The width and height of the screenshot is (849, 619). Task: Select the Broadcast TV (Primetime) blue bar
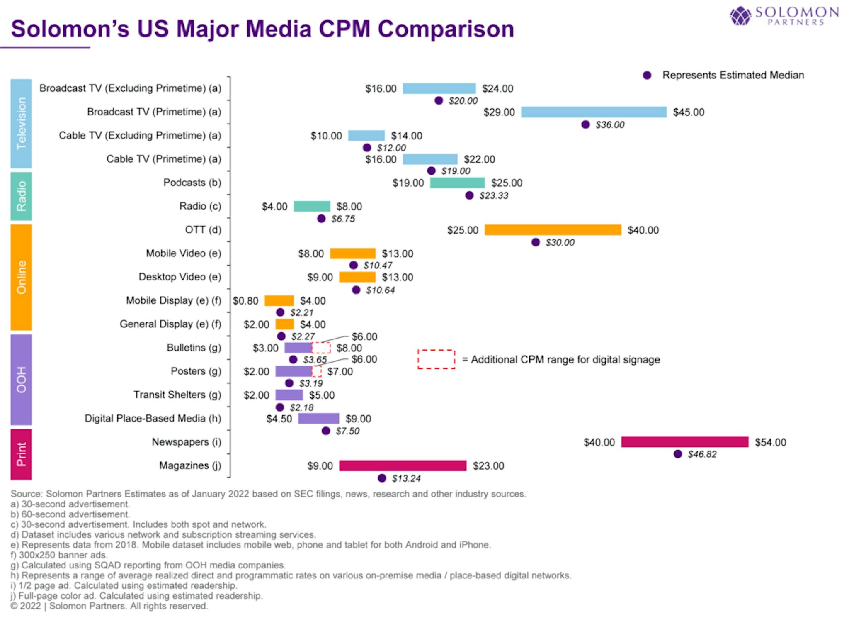[x=594, y=112]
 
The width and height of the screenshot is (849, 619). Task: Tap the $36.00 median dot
[x=585, y=124]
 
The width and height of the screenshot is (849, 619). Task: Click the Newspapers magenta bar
[x=684, y=442]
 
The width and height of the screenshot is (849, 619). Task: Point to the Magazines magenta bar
[x=403, y=466]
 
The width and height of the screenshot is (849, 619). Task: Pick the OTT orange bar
[x=553, y=230]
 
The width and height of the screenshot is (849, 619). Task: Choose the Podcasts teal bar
[x=457, y=183]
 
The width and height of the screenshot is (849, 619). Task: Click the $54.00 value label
[x=770, y=442]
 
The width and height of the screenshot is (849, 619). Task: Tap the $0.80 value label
[x=245, y=301]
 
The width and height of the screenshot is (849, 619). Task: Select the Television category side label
[x=21, y=123]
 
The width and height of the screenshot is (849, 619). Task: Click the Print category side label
[x=21, y=454]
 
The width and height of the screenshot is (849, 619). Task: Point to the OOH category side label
[x=21, y=380]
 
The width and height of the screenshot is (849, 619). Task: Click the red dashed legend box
[x=436, y=359]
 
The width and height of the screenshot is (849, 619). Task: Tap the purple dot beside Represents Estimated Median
[x=647, y=75]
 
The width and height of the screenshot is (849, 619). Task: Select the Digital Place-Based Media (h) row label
[x=153, y=418]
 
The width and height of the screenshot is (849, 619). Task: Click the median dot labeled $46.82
[x=678, y=454]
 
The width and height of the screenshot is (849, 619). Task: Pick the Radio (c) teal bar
[x=312, y=206]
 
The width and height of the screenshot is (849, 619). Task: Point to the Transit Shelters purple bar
[x=289, y=395]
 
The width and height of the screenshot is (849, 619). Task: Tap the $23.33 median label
[x=494, y=195]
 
